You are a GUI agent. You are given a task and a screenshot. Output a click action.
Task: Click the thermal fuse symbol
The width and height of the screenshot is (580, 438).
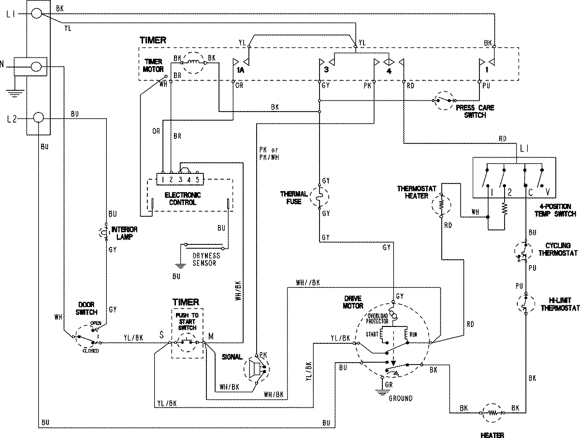click(319, 197)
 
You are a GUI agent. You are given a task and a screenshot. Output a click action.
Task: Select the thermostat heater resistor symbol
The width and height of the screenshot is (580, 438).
click(441, 205)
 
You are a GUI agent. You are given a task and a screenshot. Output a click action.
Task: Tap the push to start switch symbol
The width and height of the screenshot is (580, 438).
click(188, 342)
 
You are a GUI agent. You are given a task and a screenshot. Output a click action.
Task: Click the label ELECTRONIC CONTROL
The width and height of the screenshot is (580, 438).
click(183, 198)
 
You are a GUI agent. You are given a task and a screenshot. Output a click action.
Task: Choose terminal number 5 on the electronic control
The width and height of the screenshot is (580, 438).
click(197, 180)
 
